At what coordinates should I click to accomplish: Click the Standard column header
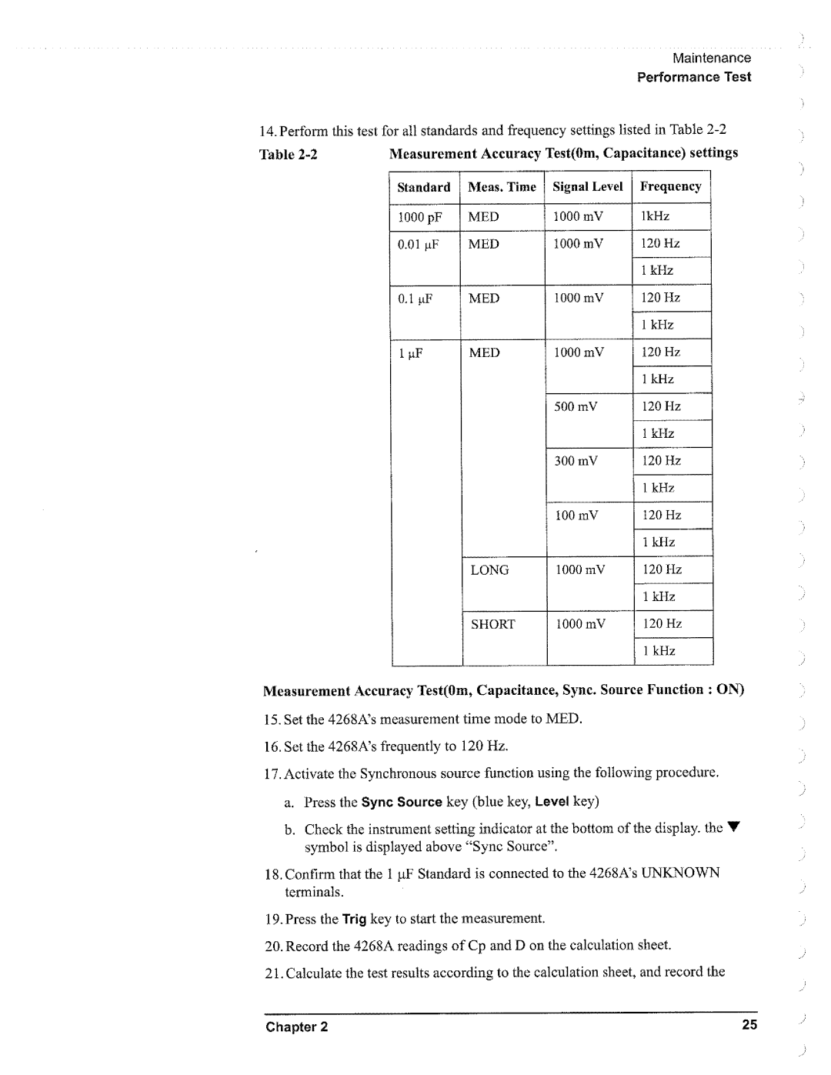(x=423, y=187)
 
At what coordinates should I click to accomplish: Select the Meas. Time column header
(x=502, y=187)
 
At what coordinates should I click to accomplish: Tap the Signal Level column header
(x=588, y=187)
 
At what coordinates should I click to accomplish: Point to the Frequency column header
(x=670, y=187)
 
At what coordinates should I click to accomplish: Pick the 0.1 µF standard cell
(x=415, y=299)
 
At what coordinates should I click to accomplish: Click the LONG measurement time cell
(x=490, y=570)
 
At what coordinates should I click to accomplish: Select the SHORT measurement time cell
(x=492, y=624)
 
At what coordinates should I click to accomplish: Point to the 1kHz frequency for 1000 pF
(x=656, y=217)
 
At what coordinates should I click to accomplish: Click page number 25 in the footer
(x=749, y=1024)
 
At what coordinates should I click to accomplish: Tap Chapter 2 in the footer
(x=297, y=1027)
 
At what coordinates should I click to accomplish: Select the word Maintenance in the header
(x=712, y=58)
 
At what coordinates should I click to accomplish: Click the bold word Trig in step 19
(x=354, y=919)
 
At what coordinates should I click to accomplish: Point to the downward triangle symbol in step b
(x=734, y=828)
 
